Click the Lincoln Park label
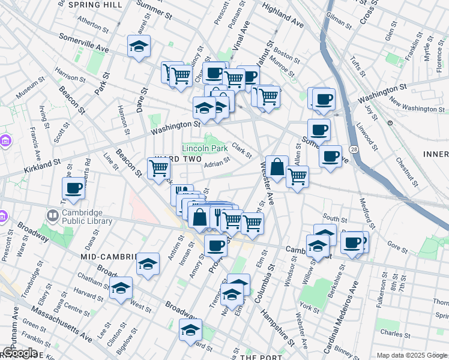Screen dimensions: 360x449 [205, 148]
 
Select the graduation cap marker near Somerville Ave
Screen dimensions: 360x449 [139, 47]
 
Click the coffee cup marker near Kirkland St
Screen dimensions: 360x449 [73, 188]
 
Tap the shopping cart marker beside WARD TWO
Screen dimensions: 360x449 [158, 168]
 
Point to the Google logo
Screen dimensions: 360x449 [20, 353]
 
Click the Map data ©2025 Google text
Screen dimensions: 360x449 [411, 355]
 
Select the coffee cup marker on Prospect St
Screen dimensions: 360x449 [215, 244]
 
